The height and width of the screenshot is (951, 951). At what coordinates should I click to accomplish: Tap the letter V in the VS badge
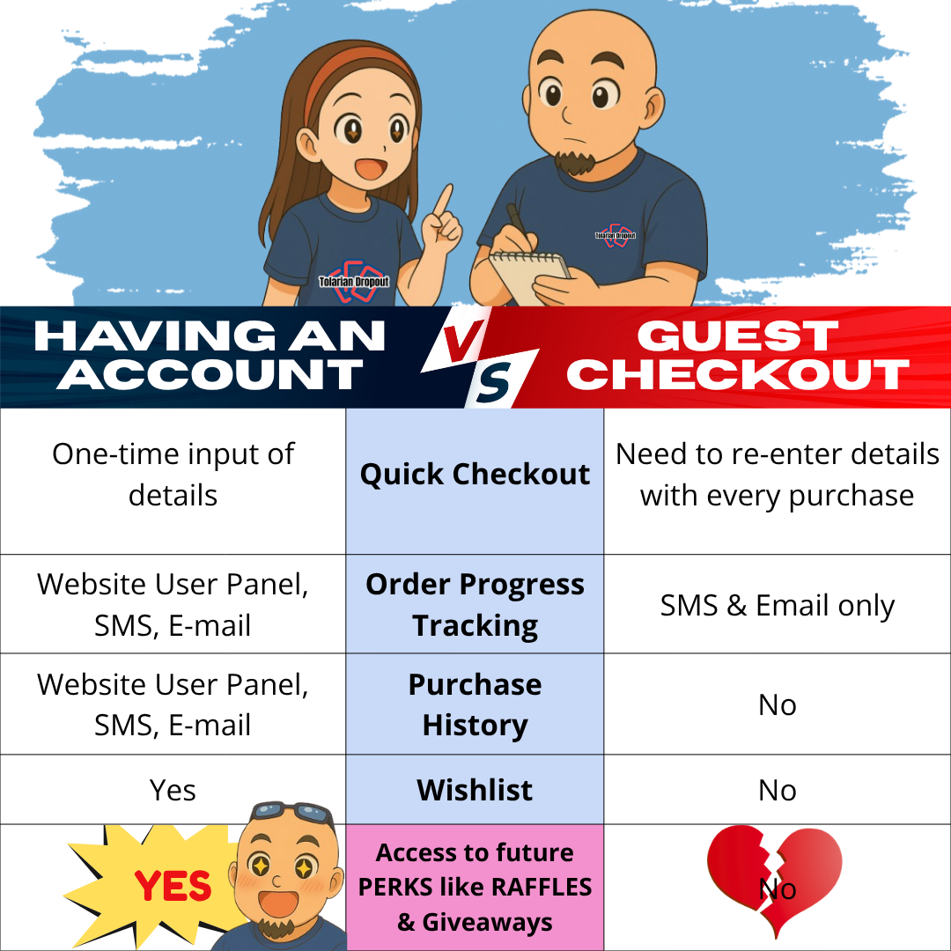point(461,342)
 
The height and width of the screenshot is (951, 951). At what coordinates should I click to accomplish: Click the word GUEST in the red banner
point(738,335)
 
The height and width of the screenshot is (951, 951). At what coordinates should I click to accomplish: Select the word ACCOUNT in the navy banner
point(210,374)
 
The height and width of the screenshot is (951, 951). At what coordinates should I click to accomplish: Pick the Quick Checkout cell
point(475,481)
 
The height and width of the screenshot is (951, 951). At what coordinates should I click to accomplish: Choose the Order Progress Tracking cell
point(475,604)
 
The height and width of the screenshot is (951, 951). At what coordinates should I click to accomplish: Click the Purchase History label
point(475,704)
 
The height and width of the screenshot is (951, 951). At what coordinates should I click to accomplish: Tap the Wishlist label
point(475,790)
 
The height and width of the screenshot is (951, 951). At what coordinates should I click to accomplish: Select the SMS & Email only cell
point(778,604)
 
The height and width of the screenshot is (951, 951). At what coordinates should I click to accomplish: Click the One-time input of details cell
point(173,481)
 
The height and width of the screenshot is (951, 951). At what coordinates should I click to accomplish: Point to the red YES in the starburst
point(173,886)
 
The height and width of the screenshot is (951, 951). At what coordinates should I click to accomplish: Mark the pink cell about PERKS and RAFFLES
point(475,888)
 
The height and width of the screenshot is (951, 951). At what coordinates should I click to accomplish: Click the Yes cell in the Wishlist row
point(173,790)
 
